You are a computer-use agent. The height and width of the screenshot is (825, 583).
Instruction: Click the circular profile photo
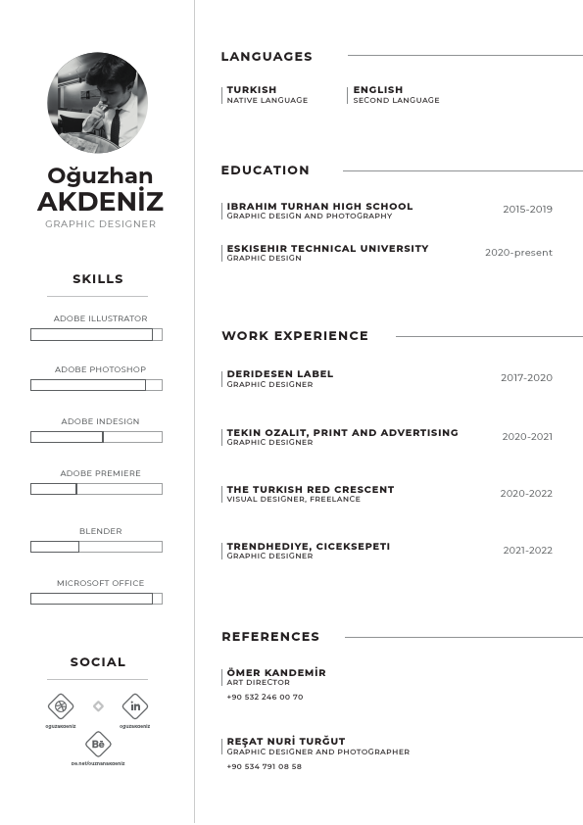tap(97, 102)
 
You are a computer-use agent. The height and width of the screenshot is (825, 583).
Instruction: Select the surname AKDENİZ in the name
tap(100, 203)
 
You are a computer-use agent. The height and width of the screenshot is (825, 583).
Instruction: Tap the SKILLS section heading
tap(98, 279)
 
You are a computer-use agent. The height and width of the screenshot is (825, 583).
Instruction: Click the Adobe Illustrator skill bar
tap(96, 334)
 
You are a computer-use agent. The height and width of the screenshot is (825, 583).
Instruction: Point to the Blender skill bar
tap(96, 547)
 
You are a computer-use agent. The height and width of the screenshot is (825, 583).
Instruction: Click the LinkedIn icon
tap(135, 706)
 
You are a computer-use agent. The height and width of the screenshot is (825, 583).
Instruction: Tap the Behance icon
tap(98, 745)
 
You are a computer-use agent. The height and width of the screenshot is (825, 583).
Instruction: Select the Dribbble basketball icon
tap(61, 706)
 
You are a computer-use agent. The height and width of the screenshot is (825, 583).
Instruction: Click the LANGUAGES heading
tap(267, 57)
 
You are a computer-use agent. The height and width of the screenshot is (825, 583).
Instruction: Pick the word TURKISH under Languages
tap(252, 90)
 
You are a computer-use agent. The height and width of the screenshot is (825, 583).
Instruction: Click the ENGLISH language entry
tap(378, 90)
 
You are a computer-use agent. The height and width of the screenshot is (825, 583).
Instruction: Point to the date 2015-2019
tap(527, 210)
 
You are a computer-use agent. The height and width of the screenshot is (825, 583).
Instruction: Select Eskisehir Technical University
tap(327, 249)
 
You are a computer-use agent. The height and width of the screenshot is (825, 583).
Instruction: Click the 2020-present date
tap(518, 253)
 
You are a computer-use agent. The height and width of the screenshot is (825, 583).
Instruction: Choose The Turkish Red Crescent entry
tap(311, 490)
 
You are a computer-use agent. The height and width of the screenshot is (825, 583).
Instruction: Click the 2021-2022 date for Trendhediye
tap(527, 551)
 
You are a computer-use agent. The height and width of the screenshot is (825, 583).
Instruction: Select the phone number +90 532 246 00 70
tap(265, 698)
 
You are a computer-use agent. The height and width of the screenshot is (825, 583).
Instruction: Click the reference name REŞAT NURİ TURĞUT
tap(286, 742)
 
